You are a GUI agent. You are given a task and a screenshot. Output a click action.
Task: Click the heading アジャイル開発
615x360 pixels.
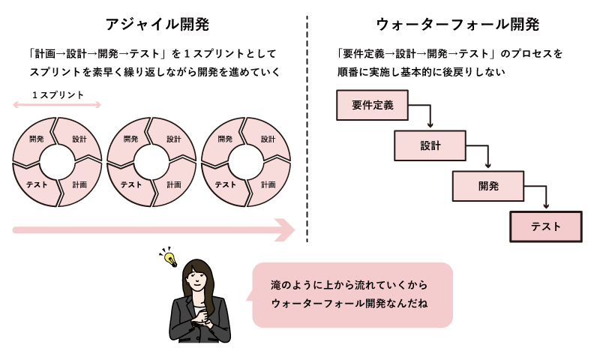coord(157,24)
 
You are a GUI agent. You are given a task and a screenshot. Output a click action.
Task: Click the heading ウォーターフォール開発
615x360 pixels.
coord(457,24)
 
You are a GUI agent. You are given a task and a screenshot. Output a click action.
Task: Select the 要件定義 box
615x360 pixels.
coord(373,106)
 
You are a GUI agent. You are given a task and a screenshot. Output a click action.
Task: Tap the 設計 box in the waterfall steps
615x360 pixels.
coord(430,145)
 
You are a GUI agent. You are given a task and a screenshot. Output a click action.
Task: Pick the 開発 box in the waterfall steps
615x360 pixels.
coord(487,186)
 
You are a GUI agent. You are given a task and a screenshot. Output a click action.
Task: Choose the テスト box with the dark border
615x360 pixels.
coord(545,226)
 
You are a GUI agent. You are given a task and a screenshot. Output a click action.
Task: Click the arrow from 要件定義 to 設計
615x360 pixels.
coord(430,117)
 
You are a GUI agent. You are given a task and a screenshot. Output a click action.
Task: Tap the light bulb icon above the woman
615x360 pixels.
coord(170,258)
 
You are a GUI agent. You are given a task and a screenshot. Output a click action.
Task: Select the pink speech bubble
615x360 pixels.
coord(352,295)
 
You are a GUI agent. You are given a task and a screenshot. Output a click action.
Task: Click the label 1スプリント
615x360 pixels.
coord(58,95)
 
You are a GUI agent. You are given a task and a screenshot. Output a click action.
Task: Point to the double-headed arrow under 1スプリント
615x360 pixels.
coord(57,106)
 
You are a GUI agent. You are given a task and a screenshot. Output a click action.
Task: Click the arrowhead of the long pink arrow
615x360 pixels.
coord(286,230)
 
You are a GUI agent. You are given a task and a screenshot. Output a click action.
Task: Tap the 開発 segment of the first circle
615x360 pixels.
coord(36,139)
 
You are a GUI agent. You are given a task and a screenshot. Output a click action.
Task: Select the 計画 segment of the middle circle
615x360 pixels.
coord(173,184)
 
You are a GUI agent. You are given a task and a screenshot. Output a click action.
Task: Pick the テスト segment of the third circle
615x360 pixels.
coord(225,184)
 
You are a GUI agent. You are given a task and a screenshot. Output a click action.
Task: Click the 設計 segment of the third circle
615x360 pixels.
coord(268,139)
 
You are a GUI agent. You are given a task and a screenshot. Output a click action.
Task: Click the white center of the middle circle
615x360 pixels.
coord(151,161)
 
